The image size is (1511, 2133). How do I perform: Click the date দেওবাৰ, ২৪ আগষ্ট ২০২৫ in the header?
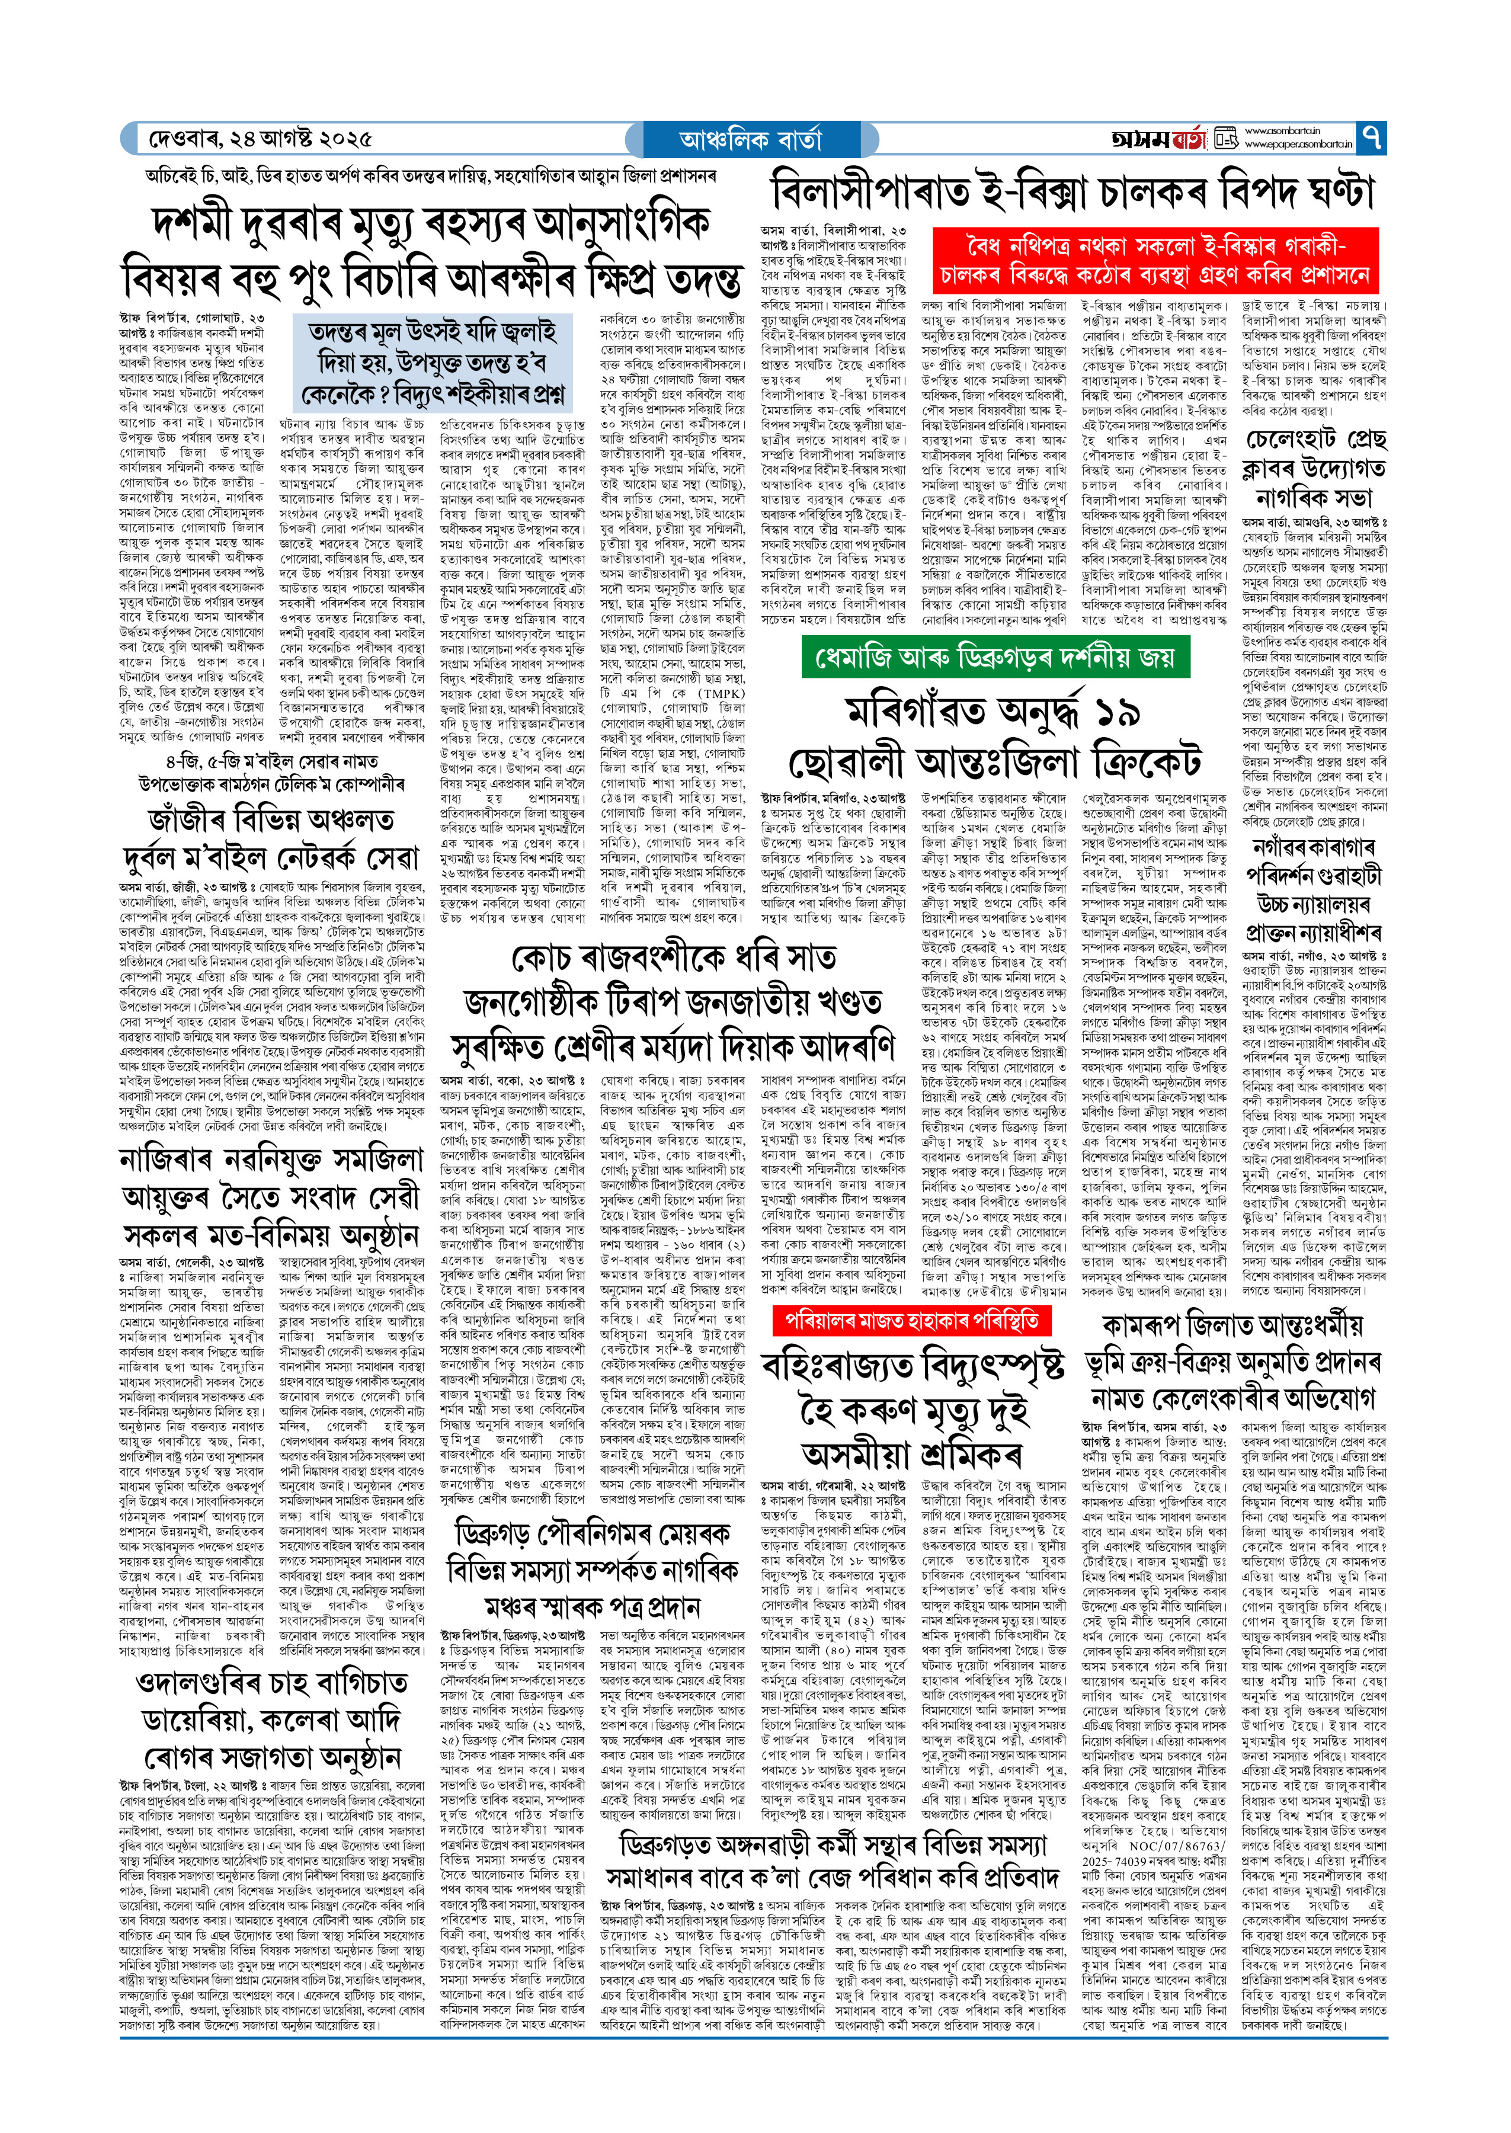[261, 139]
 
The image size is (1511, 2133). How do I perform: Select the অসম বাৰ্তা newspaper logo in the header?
[1158, 139]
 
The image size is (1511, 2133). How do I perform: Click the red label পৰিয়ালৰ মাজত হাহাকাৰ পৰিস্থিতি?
[911, 1321]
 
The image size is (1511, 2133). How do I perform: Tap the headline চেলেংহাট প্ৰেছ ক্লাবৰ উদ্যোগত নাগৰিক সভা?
[1315, 467]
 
